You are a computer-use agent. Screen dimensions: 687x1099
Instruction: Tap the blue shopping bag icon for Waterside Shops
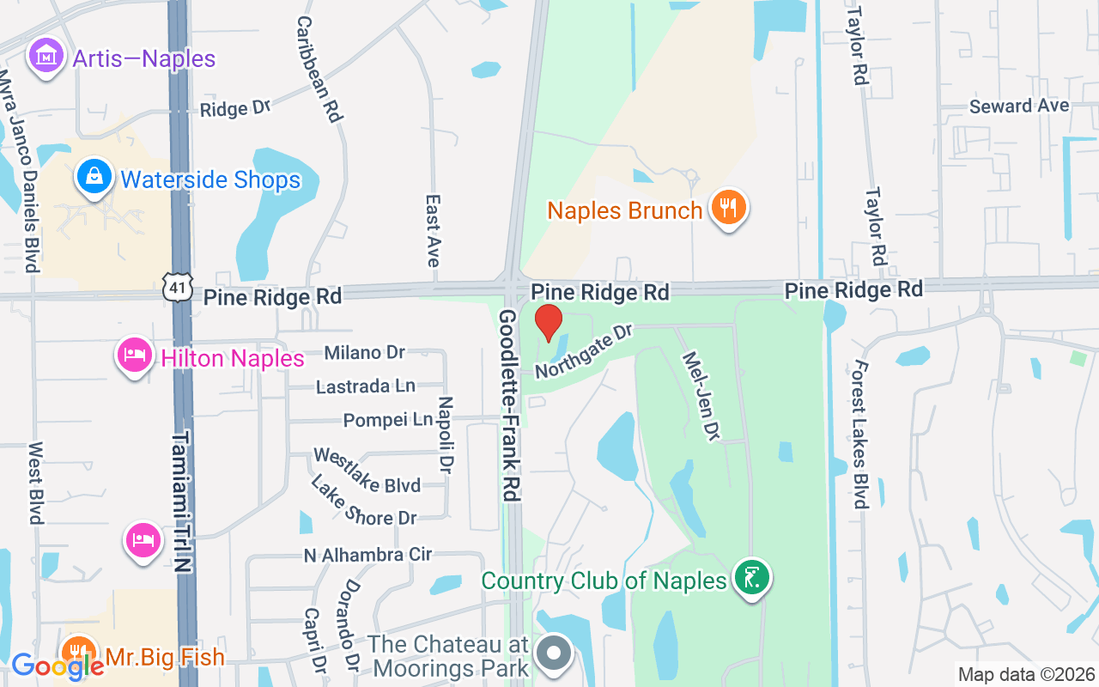[94, 177]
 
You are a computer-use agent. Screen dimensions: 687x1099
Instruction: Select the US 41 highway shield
[177, 289]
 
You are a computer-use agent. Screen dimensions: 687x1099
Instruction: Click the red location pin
[549, 323]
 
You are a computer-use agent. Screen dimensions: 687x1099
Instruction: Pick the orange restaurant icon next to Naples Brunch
[728, 208]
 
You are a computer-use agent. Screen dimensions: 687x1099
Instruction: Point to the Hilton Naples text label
[233, 357]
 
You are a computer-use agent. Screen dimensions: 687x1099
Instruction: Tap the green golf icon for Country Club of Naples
[752, 579]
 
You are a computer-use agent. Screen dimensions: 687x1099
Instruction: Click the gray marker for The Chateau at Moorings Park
[554, 653]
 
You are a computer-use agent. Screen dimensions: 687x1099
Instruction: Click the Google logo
[57, 666]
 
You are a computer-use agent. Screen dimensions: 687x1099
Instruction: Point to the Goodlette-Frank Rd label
[511, 406]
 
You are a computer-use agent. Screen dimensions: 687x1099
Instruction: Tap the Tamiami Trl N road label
[181, 490]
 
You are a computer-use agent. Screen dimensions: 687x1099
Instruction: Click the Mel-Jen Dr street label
[700, 394]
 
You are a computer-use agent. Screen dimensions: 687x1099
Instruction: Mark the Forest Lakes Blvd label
[860, 435]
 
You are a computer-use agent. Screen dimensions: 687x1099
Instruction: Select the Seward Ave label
[1019, 106]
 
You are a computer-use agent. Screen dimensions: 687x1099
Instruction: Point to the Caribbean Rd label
[319, 68]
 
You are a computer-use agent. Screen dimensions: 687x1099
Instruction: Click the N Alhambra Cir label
[367, 555]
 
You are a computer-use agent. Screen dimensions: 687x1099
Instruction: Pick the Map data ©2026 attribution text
[1026, 674]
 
